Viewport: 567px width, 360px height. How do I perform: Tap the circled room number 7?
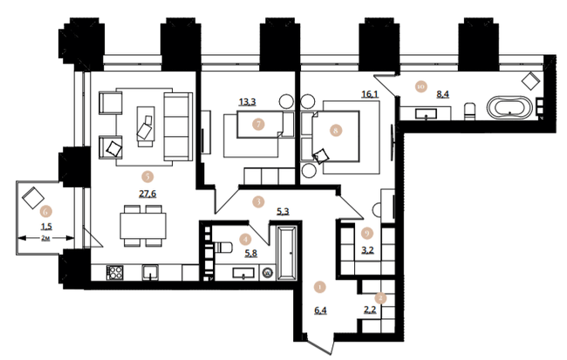point(259,124)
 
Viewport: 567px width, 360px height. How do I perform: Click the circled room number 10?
point(420,86)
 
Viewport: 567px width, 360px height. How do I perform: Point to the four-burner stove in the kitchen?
point(114,272)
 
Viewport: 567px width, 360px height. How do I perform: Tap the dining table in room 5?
point(141,224)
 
